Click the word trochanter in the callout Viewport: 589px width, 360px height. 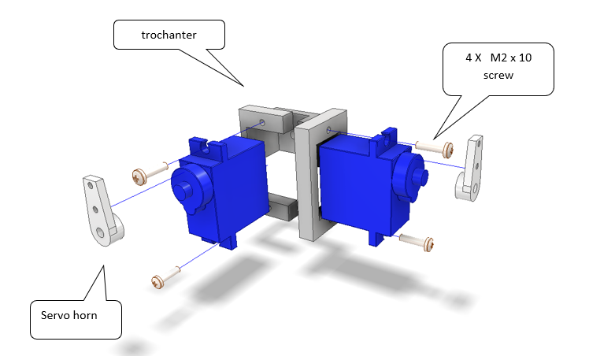coord(169,35)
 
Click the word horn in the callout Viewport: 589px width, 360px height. coord(86,315)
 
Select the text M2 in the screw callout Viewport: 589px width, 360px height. coord(498,58)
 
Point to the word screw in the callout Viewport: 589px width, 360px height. coord(498,76)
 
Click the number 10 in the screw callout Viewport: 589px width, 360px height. coord(525,58)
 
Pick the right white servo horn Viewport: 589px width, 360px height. coord(469,168)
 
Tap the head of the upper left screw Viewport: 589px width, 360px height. coord(139,176)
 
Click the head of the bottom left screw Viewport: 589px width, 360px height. coord(157,281)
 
